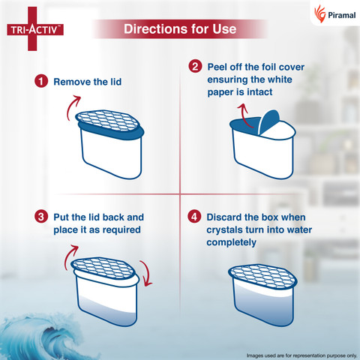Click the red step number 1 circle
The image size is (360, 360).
pyautogui.click(x=41, y=82)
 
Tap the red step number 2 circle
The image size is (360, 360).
pyautogui.click(x=195, y=67)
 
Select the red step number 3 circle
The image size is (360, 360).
pyautogui.click(x=41, y=217)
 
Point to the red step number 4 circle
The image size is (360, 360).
pyautogui.click(x=194, y=217)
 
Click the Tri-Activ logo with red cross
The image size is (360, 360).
pyautogui.click(x=35, y=29)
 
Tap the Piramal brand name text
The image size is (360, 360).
pyautogui.click(x=341, y=15)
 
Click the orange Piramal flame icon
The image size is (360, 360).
pyautogui.click(x=320, y=13)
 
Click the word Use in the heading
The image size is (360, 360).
pyautogui.click(x=224, y=28)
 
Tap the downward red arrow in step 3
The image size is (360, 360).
pyautogui.click(x=147, y=274)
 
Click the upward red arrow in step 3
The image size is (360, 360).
pyautogui.click(x=68, y=256)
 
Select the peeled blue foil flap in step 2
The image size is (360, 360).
pyautogui.click(x=268, y=121)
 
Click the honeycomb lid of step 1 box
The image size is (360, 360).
pyautogui.click(x=107, y=121)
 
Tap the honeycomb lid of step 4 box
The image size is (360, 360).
pyautogui.click(x=262, y=276)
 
